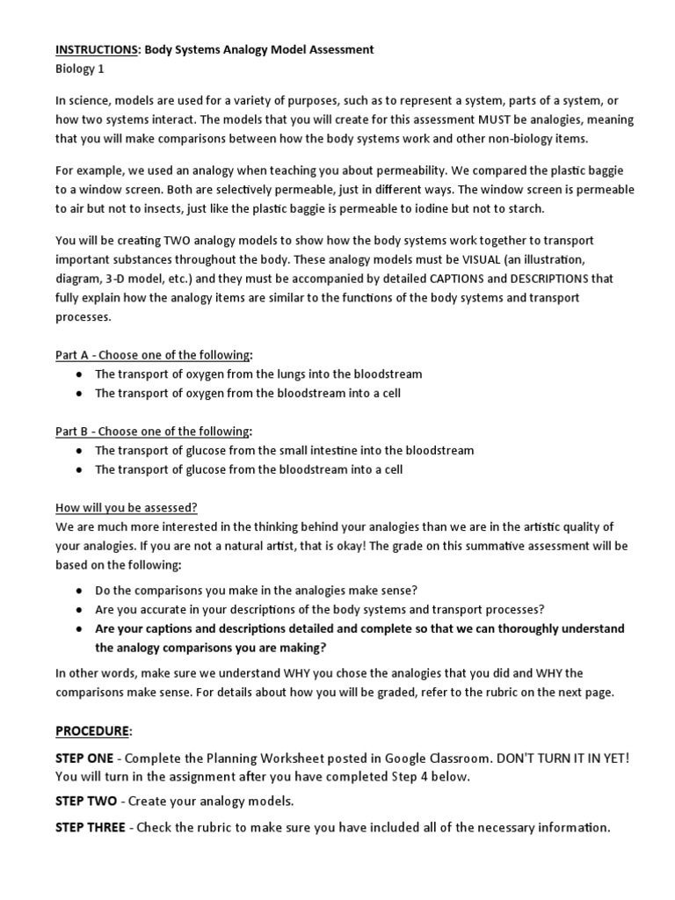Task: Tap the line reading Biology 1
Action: click(x=83, y=69)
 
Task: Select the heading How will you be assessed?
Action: click(x=127, y=508)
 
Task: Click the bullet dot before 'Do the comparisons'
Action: click(x=80, y=590)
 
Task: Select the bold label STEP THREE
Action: click(x=91, y=827)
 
